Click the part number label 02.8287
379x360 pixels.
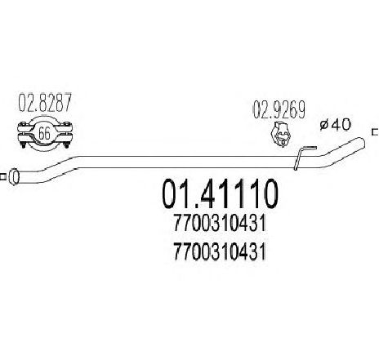[x=45, y=102]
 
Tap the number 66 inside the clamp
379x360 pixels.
[x=44, y=134]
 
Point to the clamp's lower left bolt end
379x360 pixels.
[x=24, y=145]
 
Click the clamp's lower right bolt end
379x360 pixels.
[x=66, y=145]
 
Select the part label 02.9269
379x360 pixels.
[x=279, y=109]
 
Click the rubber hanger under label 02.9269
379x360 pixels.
[x=281, y=135]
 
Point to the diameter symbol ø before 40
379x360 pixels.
[x=325, y=125]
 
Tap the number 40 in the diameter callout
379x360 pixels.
[x=341, y=125]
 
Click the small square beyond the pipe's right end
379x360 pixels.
[x=376, y=132]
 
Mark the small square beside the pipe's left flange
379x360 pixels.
[x=2, y=177]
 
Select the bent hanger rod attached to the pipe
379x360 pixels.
[x=300, y=158]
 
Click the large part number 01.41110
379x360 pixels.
[x=220, y=194]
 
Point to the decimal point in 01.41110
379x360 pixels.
[x=189, y=206]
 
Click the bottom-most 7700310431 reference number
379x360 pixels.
[x=220, y=251]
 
